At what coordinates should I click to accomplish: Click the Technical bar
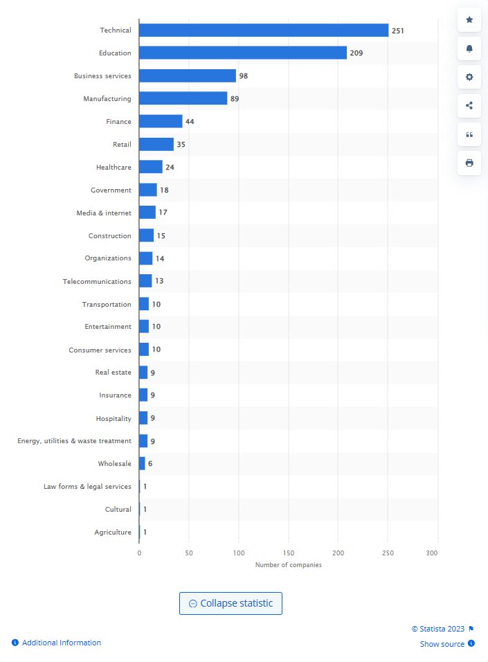click(x=263, y=30)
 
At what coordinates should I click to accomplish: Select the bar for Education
click(x=242, y=53)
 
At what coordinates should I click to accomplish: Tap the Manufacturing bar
click(x=183, y=98)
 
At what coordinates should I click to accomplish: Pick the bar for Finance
click(x=161, y=121)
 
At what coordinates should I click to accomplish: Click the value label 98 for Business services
click(x=244, y=76)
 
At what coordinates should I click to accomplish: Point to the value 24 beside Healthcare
click(x=170, y=168)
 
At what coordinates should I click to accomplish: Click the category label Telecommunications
click(x=97, y=281)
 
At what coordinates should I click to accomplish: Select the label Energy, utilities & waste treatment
click(x=74, y=440)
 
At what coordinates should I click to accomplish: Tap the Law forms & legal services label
click(x=87, y=486)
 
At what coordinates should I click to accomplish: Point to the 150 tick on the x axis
click(x=288, y=553)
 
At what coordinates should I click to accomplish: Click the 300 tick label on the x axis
click(x=432, y=553)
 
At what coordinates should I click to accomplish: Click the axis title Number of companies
click(x=288, y=565)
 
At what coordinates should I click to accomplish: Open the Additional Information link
click(x=61, y=643)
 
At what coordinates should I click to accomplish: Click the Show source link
click(x=442, y=644)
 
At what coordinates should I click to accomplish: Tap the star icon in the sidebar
click(x=469, y=20)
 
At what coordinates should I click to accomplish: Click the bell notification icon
click(x=469, y=48)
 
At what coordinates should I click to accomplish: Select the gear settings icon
click(x=469, y=77)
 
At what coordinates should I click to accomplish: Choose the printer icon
click(x=469, y=163)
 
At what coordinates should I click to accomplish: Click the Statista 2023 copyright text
click(x=438, y=629)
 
